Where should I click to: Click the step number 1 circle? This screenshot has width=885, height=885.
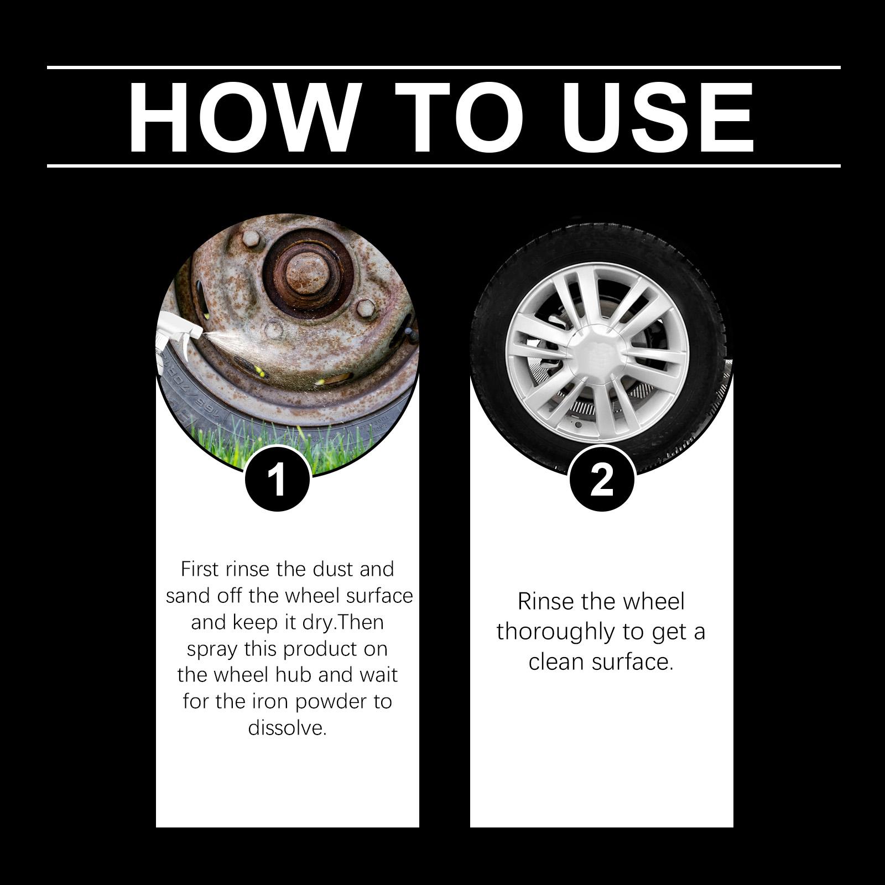tap(277, 479)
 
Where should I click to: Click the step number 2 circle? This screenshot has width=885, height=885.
tap(602, 479)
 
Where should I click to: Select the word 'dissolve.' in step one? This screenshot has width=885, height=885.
tap(288, 727)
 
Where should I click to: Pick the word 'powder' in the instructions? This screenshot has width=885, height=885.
tap(331, 701)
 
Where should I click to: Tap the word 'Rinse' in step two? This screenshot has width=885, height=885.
tap(546, 601)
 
